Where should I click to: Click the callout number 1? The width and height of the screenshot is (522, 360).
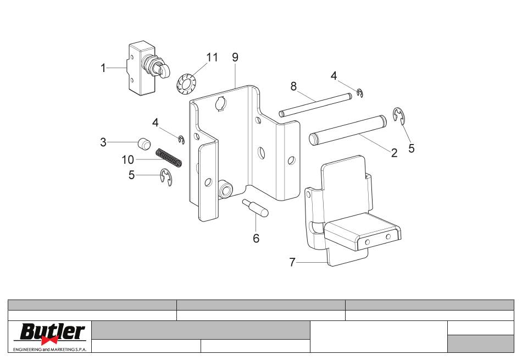click(x=103, y=68)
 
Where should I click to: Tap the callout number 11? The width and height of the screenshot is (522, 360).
click(x=212, y=58)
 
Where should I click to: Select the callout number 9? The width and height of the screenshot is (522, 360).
click(x=235, y=58)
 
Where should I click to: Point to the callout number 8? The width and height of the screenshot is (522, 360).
click(x=293, y=86)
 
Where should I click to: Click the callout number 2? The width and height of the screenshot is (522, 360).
click(x=394, y=153)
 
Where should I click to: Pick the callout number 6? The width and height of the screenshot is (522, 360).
click(x=256, y=239)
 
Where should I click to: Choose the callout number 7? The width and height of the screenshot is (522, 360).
click(x=292, y=262)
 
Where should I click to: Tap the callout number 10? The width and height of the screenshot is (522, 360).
click(x=128, y=160)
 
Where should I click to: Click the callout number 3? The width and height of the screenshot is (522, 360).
click(x=103, y=142)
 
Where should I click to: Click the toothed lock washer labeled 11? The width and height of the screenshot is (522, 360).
click(x=187, y=85)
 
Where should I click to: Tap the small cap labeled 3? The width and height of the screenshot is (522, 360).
click(x=144, y=143)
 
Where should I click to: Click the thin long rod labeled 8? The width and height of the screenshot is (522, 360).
click(x=315, y=105)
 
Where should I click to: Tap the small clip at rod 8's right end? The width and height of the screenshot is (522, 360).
click(x=360, y=93)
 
